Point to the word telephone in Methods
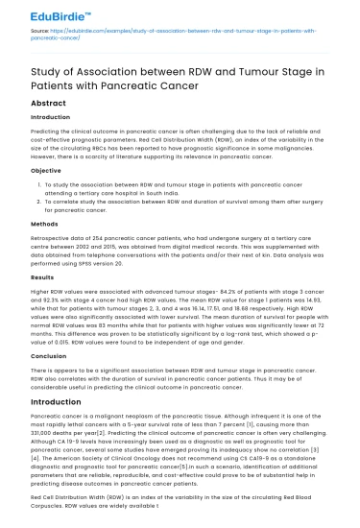click(x=99, y=255)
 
